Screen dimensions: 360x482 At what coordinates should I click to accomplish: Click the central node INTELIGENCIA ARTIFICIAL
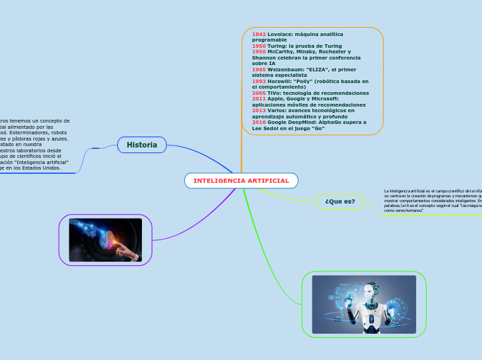pos(241,181)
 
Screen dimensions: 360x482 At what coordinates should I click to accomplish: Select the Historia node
pos(141,145)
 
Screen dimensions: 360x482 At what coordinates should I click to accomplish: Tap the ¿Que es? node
pos(339,201)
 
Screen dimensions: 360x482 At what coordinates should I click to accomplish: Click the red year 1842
pos(259,34)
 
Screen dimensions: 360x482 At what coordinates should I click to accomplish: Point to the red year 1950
pos(259,46)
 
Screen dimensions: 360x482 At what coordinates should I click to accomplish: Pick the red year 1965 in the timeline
pos(259,69)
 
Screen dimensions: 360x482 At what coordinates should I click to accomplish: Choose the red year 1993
pos(259,81)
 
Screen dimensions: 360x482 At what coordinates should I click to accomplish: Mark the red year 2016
pos(259,122)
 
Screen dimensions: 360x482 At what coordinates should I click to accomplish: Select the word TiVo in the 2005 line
pos(275,93)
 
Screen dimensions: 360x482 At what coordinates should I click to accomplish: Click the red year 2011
pos(259,98)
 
